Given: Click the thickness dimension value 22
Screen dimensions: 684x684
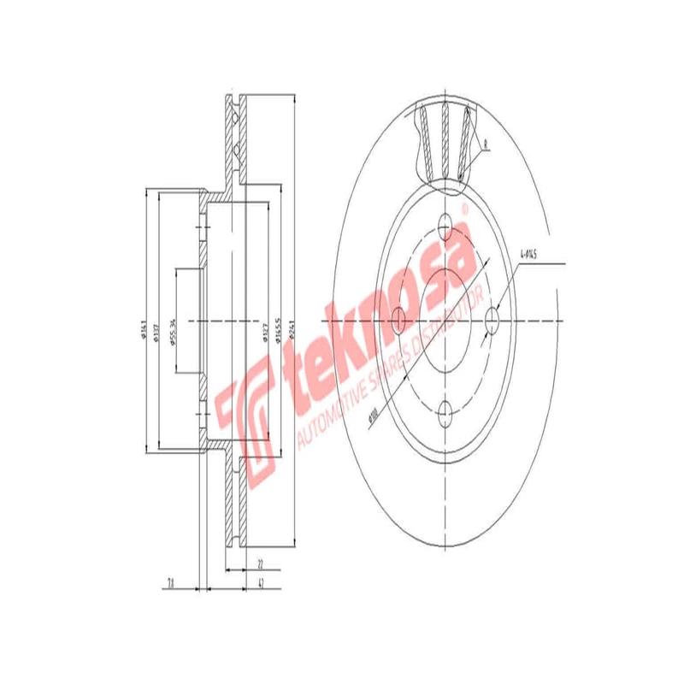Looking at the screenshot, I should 259,563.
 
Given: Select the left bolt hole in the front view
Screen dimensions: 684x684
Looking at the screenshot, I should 398,321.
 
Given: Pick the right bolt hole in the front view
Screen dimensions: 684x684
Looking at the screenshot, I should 492,321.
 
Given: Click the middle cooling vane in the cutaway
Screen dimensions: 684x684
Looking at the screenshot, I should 445,137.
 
